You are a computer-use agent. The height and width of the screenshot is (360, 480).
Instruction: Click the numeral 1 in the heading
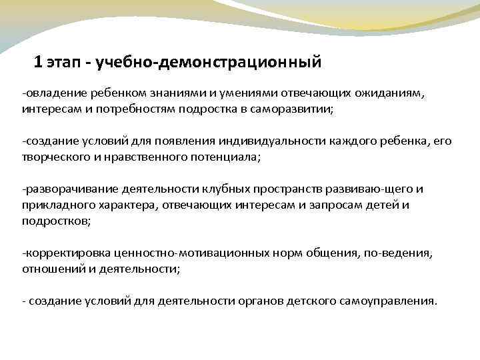[x=38, y=63]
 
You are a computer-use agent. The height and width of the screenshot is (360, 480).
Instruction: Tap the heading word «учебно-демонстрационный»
[x=209, y=63]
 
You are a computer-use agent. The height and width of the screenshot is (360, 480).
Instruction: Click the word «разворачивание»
[x=64, y=189]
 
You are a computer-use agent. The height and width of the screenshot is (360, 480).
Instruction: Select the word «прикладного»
[x=53, y=204]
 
